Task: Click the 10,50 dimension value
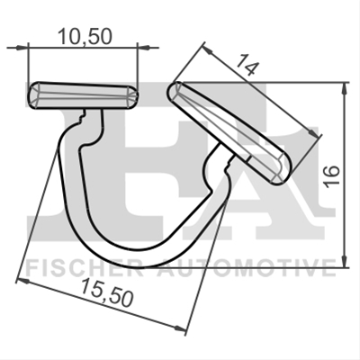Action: pos(85,36)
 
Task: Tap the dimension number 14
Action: pos(247,65)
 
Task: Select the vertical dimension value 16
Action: pos(332,175)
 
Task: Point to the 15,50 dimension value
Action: pos(106,292)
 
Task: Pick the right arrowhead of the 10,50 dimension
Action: pos(145,47)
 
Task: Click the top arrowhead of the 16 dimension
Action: pos(345,89)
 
